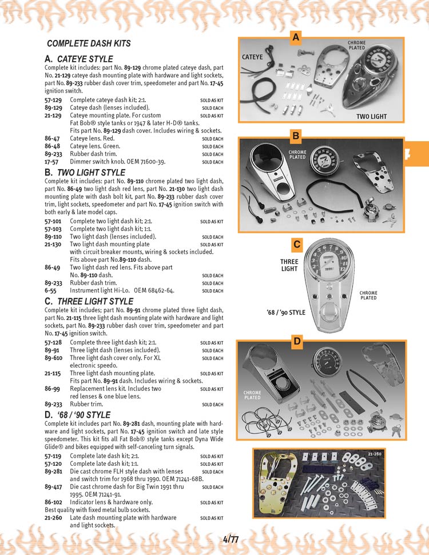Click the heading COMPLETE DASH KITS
(89, 43)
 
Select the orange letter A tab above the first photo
(295, 38)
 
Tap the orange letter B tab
(296, 135)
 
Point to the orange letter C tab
(296, 245)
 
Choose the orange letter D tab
(297, 342)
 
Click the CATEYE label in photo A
(252, 57)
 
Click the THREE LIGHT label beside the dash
(289, 265)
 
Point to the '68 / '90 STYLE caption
(286, 313)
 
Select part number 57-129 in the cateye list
(53, 100)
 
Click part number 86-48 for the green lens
(53, 146)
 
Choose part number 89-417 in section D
(53, 487)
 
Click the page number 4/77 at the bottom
(231, 538)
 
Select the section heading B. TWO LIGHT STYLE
(84, 172)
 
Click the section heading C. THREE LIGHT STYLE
(88, 301)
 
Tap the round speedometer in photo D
(329, 362)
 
